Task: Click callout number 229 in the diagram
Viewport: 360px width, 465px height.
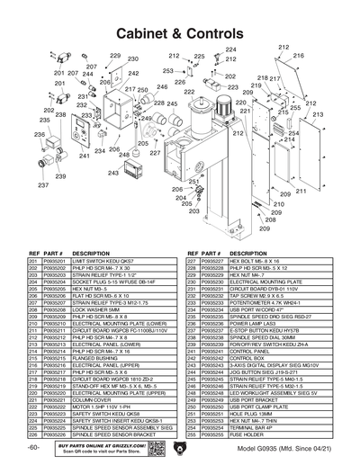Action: click(x=116, y=56)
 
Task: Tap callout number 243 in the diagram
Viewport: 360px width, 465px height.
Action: click(x=112, y=173)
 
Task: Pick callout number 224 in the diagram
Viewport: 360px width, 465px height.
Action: click(x=230, y=49)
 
